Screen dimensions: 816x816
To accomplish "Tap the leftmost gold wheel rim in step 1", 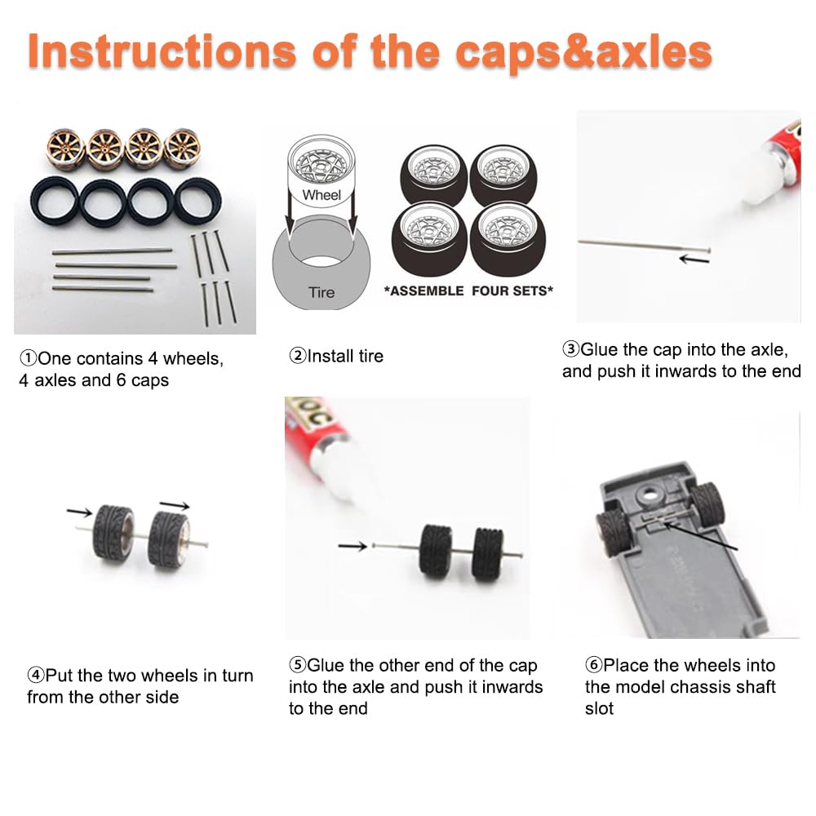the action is pyautogui.click(x=65, y=149).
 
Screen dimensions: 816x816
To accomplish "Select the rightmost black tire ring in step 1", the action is pyautogui.click(x=197, y=202).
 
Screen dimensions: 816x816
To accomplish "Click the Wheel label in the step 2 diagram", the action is pyautogui.click(x=321, y=195).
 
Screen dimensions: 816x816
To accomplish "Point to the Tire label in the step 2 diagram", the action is pyautogui.click(x=321, y=292).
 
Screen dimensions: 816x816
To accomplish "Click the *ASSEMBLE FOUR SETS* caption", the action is pyautogui.click(x=468, y=291).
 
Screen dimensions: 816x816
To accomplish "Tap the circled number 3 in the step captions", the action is pyautogui.click(x=571, y=348).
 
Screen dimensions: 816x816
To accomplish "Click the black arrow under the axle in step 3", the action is pyautogui.click(x=694, y=259).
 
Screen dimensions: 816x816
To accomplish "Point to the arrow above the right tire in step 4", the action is pyautogui.click(x=175, y=505).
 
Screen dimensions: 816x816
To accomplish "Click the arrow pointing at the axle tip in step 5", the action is pyautogui.click(x=353, y=546).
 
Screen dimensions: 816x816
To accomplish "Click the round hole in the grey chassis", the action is pyautogui.click(x=650, y=491).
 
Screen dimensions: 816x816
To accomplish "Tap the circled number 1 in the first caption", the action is pyautogui.click(x=28, y=358).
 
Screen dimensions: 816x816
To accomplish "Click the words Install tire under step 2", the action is pyautogui.click(x=345, y=356).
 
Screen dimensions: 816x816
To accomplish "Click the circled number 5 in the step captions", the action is pyautogui.click(x=298, y=664).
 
